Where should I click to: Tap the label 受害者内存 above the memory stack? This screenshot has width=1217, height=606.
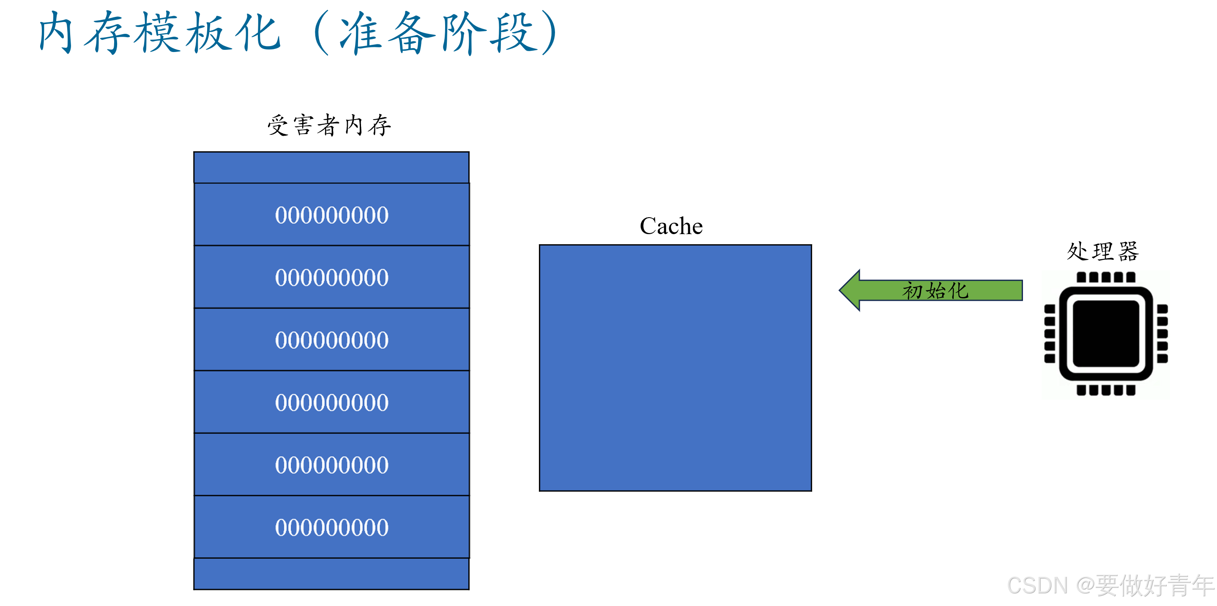tap(329, 126)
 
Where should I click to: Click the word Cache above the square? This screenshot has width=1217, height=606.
tap(671, 226)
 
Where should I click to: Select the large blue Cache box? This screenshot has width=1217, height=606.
tap(675, 368)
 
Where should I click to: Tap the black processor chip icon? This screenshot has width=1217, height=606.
tap(1105, 333)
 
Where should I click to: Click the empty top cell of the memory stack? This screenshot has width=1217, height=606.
tap(331, 167)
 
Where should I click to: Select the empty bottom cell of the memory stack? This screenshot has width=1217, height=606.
tap(331, 573)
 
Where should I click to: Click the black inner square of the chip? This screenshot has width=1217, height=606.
tap(1105, 333)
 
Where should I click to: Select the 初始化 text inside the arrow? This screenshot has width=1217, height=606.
tap(935, 290)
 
